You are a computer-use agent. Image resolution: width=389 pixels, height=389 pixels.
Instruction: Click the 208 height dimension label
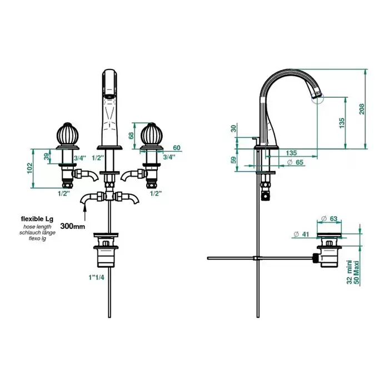[362, 109]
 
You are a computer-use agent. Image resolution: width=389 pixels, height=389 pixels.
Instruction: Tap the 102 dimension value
[30, 168]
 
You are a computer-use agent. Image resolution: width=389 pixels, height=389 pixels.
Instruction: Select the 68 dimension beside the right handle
[131, 136]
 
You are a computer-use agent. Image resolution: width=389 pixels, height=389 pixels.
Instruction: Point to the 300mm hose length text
[73, 226]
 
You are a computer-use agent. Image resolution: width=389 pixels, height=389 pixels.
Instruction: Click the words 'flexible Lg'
[37, 219]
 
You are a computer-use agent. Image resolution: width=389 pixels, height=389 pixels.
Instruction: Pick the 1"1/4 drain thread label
[97, 277]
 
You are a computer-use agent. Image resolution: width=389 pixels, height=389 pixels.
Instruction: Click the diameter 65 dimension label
[295, 162]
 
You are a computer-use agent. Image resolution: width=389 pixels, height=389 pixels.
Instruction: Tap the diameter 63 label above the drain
[330, 218]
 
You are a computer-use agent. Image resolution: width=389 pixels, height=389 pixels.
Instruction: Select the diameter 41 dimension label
[301, 234]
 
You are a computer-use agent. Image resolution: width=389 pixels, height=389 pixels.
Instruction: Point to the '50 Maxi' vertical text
[357, 273]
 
